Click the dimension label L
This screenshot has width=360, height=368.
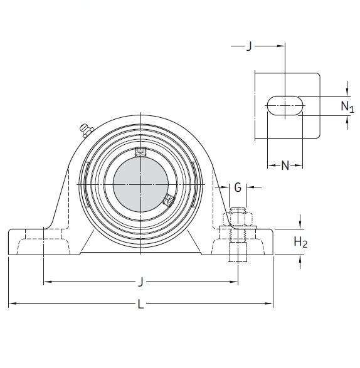(140, 305)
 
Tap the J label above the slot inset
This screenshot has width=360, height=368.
(249, 46)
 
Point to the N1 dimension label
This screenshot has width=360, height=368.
(347, 106)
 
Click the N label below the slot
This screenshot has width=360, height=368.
(285, 166)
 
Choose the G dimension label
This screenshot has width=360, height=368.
(237, 187)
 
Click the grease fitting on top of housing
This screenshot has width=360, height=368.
(85, 130)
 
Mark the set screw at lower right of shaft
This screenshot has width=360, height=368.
(167, 201)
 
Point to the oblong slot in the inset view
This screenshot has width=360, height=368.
(285, 106)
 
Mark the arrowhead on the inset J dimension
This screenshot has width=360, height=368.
(280, 46)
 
